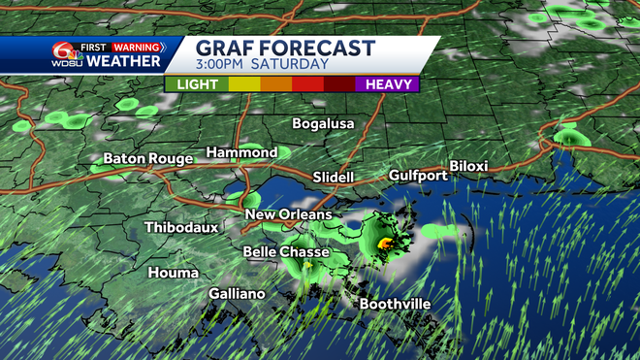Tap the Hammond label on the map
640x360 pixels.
click(241, 152)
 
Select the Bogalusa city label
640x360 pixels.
click(324, 124)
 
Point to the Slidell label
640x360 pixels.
click(334, 177)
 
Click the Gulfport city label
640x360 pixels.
click(418, 176)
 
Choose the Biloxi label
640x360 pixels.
click(467, 167)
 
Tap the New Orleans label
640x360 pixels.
click(288, 214)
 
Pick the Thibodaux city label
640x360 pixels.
click(181, 227)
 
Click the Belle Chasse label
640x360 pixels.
click(285, 252)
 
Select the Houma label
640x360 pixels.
click(173, 273)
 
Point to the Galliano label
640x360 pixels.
click(237, 293)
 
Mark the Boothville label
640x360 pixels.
click(396, 304)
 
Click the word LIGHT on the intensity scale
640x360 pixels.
click(197, 84)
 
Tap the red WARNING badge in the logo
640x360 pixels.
click(136, 47)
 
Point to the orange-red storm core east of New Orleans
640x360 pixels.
click(385, 242)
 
